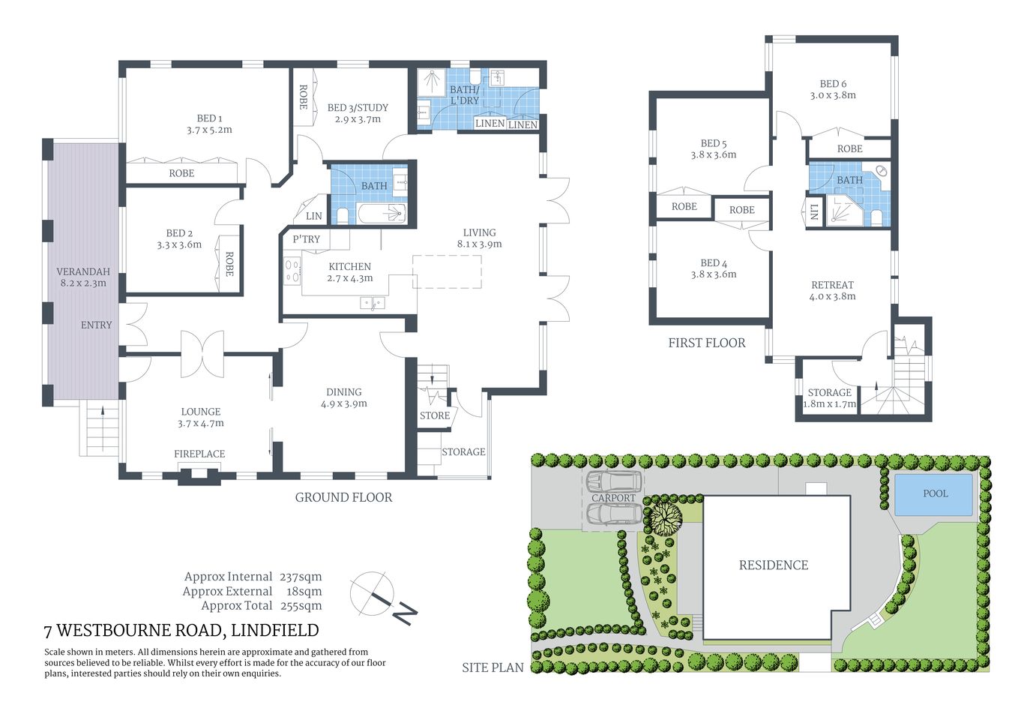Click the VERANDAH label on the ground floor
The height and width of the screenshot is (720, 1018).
[83, 271]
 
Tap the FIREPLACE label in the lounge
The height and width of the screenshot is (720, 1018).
[199, 454]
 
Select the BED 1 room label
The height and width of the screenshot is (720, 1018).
[209, 118]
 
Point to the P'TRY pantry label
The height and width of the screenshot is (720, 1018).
[306, 239]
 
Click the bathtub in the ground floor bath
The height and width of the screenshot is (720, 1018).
[382, 214]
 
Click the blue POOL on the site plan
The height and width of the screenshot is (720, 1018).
[934, 493]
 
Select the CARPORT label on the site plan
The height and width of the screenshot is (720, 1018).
[613, 498]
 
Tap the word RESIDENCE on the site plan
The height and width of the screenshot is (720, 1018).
[774, 565]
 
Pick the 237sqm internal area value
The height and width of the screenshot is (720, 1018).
[301, 577]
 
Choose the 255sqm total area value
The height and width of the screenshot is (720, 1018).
[301, 606]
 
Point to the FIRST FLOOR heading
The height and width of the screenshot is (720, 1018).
[707, 343]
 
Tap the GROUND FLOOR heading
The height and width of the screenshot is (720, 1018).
[343, 497]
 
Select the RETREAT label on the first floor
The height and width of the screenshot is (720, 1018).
[832, 285]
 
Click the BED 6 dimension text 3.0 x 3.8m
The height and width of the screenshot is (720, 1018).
[833, 95]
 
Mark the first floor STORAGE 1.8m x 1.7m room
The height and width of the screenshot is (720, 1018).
[829, 397]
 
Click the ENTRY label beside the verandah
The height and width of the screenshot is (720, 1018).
[96, 325]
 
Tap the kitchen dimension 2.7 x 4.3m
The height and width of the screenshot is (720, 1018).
[350, 278]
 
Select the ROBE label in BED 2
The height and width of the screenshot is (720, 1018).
[229, 263]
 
